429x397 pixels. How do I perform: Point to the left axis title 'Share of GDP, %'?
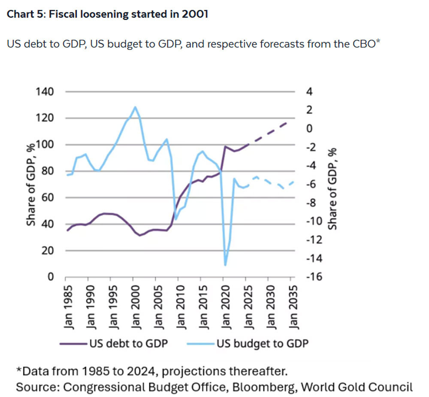pos(31,185)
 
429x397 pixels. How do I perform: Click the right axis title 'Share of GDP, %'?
pos(332,189)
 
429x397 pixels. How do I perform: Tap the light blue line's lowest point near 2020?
pos(225,265)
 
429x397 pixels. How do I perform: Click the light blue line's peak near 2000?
pos(135,107)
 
